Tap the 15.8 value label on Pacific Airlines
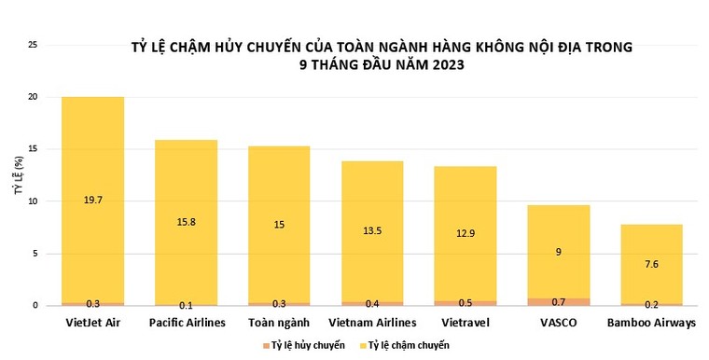pos(185,221)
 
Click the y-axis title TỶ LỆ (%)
pos(17,200)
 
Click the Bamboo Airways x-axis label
pos(650,323)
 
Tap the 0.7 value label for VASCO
pos(558,302)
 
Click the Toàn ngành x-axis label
pos(278,323)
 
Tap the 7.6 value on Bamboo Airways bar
pos(651,264)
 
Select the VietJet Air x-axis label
pos(92,323)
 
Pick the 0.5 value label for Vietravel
pos(465,303)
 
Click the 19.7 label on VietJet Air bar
pos(92,200)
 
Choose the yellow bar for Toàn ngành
pos(278,187)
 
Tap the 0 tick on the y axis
pos(35,306)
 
